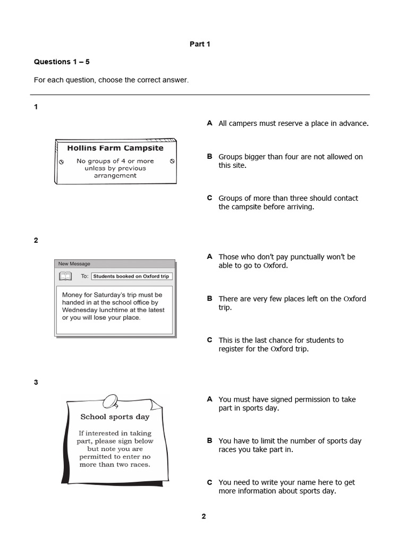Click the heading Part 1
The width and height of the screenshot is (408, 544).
click(x=200, y=44)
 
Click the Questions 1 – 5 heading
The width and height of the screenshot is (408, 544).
click(x=62, y=62)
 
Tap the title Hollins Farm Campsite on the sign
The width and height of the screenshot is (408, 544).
click(x=115, y=148)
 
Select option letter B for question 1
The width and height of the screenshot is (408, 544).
click(x=209, y=157)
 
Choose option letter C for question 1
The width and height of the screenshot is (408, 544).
click(x=209, y=198)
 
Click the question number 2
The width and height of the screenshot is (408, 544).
click(x=36, y=240)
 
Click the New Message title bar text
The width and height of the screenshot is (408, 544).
click(x=74, y=263)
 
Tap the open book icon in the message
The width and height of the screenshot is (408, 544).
click(x=65, y=276)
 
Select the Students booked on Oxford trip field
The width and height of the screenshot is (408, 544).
click(x=132, y=276)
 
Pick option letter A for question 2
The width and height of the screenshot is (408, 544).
click(x=209, y=257)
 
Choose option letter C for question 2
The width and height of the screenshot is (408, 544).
click(x=209, y=340)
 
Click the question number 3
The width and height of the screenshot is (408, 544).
click(x=36, y=382)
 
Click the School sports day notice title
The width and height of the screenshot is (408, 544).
click(x=115, y=417)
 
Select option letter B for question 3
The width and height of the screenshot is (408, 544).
click(x=209, y=440)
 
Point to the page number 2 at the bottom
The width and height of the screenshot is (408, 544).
click(x=203, y=516)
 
